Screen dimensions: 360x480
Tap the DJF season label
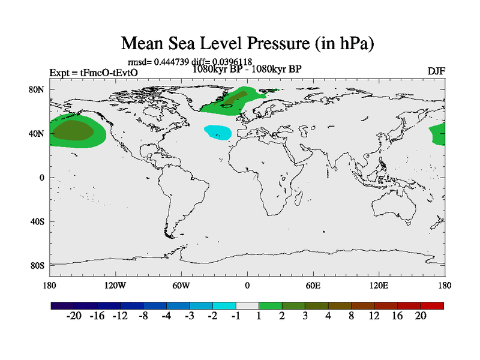[x=436, y=71]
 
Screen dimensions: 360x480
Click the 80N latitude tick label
[x=38, y=89]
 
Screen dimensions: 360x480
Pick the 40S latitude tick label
[x=38, y=221]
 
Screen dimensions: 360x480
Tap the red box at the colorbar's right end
[x=432, y=305]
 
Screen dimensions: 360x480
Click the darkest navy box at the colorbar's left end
[x=62, y=305]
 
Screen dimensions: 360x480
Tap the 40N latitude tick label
[x=38, y=134]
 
